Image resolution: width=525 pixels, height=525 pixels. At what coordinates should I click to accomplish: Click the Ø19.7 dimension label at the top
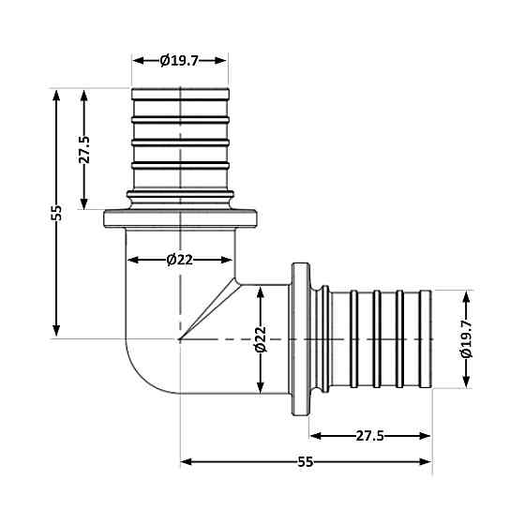point(179,60)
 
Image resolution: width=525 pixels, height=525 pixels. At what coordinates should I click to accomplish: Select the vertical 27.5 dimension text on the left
point(83,150)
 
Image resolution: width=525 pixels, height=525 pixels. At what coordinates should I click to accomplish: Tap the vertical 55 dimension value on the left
point(56,213)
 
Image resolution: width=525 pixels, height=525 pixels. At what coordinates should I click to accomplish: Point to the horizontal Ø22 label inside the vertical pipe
point(179,260)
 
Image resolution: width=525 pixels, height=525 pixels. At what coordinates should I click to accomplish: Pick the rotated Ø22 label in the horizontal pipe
point(262,338)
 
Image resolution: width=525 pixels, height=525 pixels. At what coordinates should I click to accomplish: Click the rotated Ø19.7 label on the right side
point(466,338)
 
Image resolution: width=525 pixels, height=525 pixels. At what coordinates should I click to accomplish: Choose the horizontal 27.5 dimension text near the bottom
point(370,435)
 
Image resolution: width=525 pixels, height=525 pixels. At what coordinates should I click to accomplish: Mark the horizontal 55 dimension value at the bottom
point(306,461)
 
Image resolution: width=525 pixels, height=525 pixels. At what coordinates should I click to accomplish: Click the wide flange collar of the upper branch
point(179,219)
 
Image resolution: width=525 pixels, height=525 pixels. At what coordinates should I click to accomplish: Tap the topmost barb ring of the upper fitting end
point(179,94)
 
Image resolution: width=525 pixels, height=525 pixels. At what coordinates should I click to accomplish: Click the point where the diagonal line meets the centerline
point(181,338)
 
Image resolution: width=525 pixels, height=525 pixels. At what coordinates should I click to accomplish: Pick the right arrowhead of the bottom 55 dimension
point(427,461)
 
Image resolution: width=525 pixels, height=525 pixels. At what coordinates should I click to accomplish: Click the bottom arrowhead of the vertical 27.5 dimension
point(83,206)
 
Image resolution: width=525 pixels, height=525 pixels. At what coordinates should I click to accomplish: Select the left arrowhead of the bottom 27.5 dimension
point(313,435)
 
